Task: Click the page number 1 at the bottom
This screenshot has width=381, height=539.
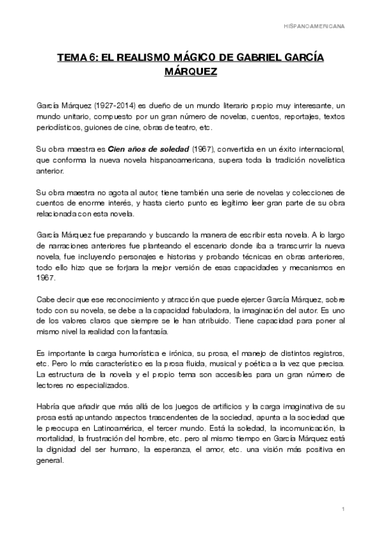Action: click(342, 510)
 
